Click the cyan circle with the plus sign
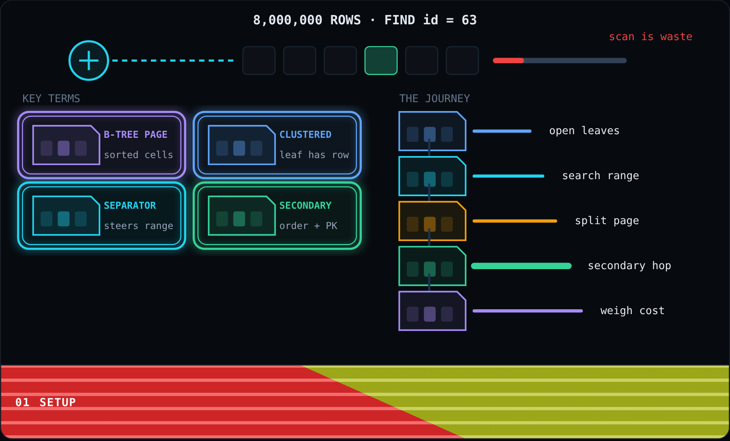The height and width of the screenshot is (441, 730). point(89,60)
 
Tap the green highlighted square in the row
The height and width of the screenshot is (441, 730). point(381,60)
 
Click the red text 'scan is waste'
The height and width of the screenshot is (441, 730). point(651,36)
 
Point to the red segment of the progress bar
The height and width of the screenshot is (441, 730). point(508,60)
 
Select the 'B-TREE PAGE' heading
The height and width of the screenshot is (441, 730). point(135,135)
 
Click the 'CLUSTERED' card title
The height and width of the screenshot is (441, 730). point(305,135)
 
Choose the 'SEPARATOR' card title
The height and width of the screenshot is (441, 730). point(130,206)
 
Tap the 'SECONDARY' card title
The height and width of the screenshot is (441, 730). point(305,206)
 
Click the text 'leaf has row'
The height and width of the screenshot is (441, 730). point(314,155)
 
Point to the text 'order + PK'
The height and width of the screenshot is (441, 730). point(308,226)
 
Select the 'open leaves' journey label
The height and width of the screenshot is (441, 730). point(584,131)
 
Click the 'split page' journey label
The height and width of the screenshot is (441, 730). point(607,220)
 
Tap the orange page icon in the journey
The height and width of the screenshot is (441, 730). point(432,221)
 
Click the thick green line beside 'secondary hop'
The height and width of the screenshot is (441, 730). point(521,266)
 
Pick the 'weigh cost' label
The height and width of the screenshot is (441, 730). point(632,310)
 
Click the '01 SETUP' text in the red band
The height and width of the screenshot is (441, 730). point(45,402)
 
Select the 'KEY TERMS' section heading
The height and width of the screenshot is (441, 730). point(51,98)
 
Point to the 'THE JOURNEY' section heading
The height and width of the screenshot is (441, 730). point(434,98)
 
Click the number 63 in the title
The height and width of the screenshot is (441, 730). point(469,20)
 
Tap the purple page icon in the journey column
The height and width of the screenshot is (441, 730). point(432,311)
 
